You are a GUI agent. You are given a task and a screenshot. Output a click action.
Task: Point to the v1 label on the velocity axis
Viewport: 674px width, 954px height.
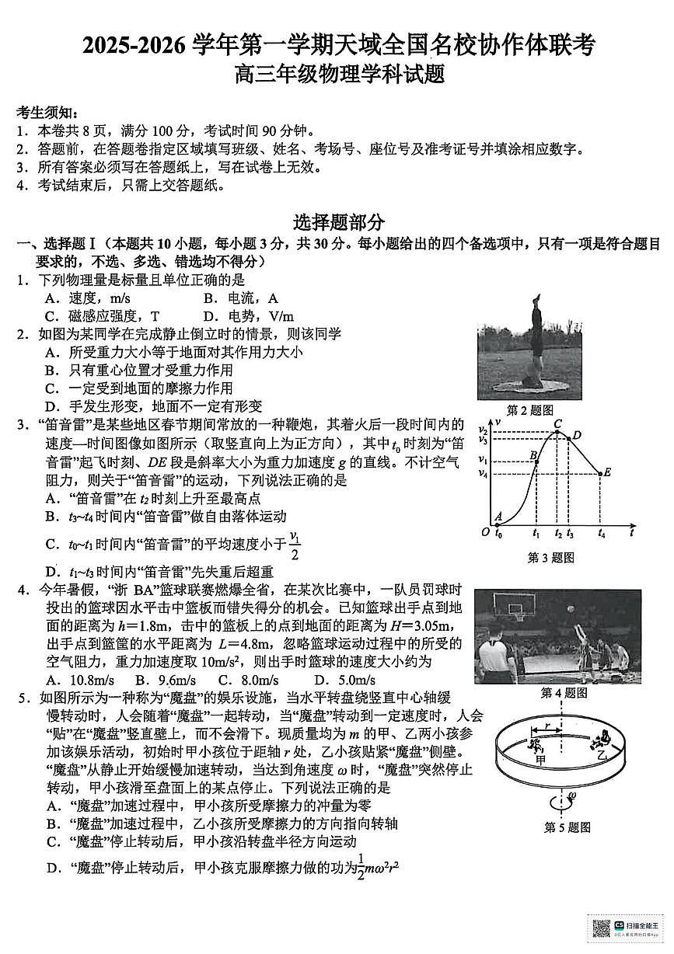(483, 460)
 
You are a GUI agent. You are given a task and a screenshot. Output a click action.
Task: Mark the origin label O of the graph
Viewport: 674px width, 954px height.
(485, 532)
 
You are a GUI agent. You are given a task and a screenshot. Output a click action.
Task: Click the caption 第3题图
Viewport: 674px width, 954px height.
(550, 557)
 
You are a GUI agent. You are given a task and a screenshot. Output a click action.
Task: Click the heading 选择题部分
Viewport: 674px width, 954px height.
(338, 223)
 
